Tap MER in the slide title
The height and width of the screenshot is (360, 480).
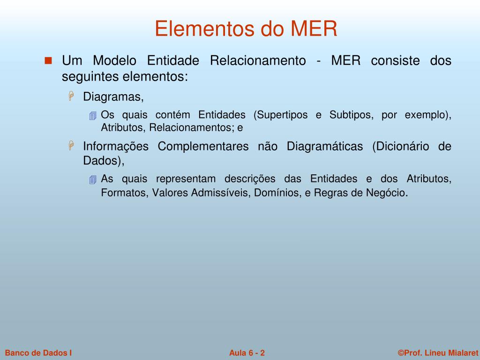(x=314, y=29)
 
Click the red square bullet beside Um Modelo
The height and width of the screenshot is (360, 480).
(x=49, y=61)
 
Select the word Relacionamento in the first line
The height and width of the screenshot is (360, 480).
(x=258, y=61)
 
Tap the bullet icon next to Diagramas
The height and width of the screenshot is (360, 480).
(x=72, y=96)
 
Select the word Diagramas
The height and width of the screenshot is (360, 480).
(x=112, y=97)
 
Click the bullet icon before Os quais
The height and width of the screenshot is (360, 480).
(x=93, y=116)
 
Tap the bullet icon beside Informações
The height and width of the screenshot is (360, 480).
(x=72, y=146)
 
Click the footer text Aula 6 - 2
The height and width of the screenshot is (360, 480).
(x=247, y=353)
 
